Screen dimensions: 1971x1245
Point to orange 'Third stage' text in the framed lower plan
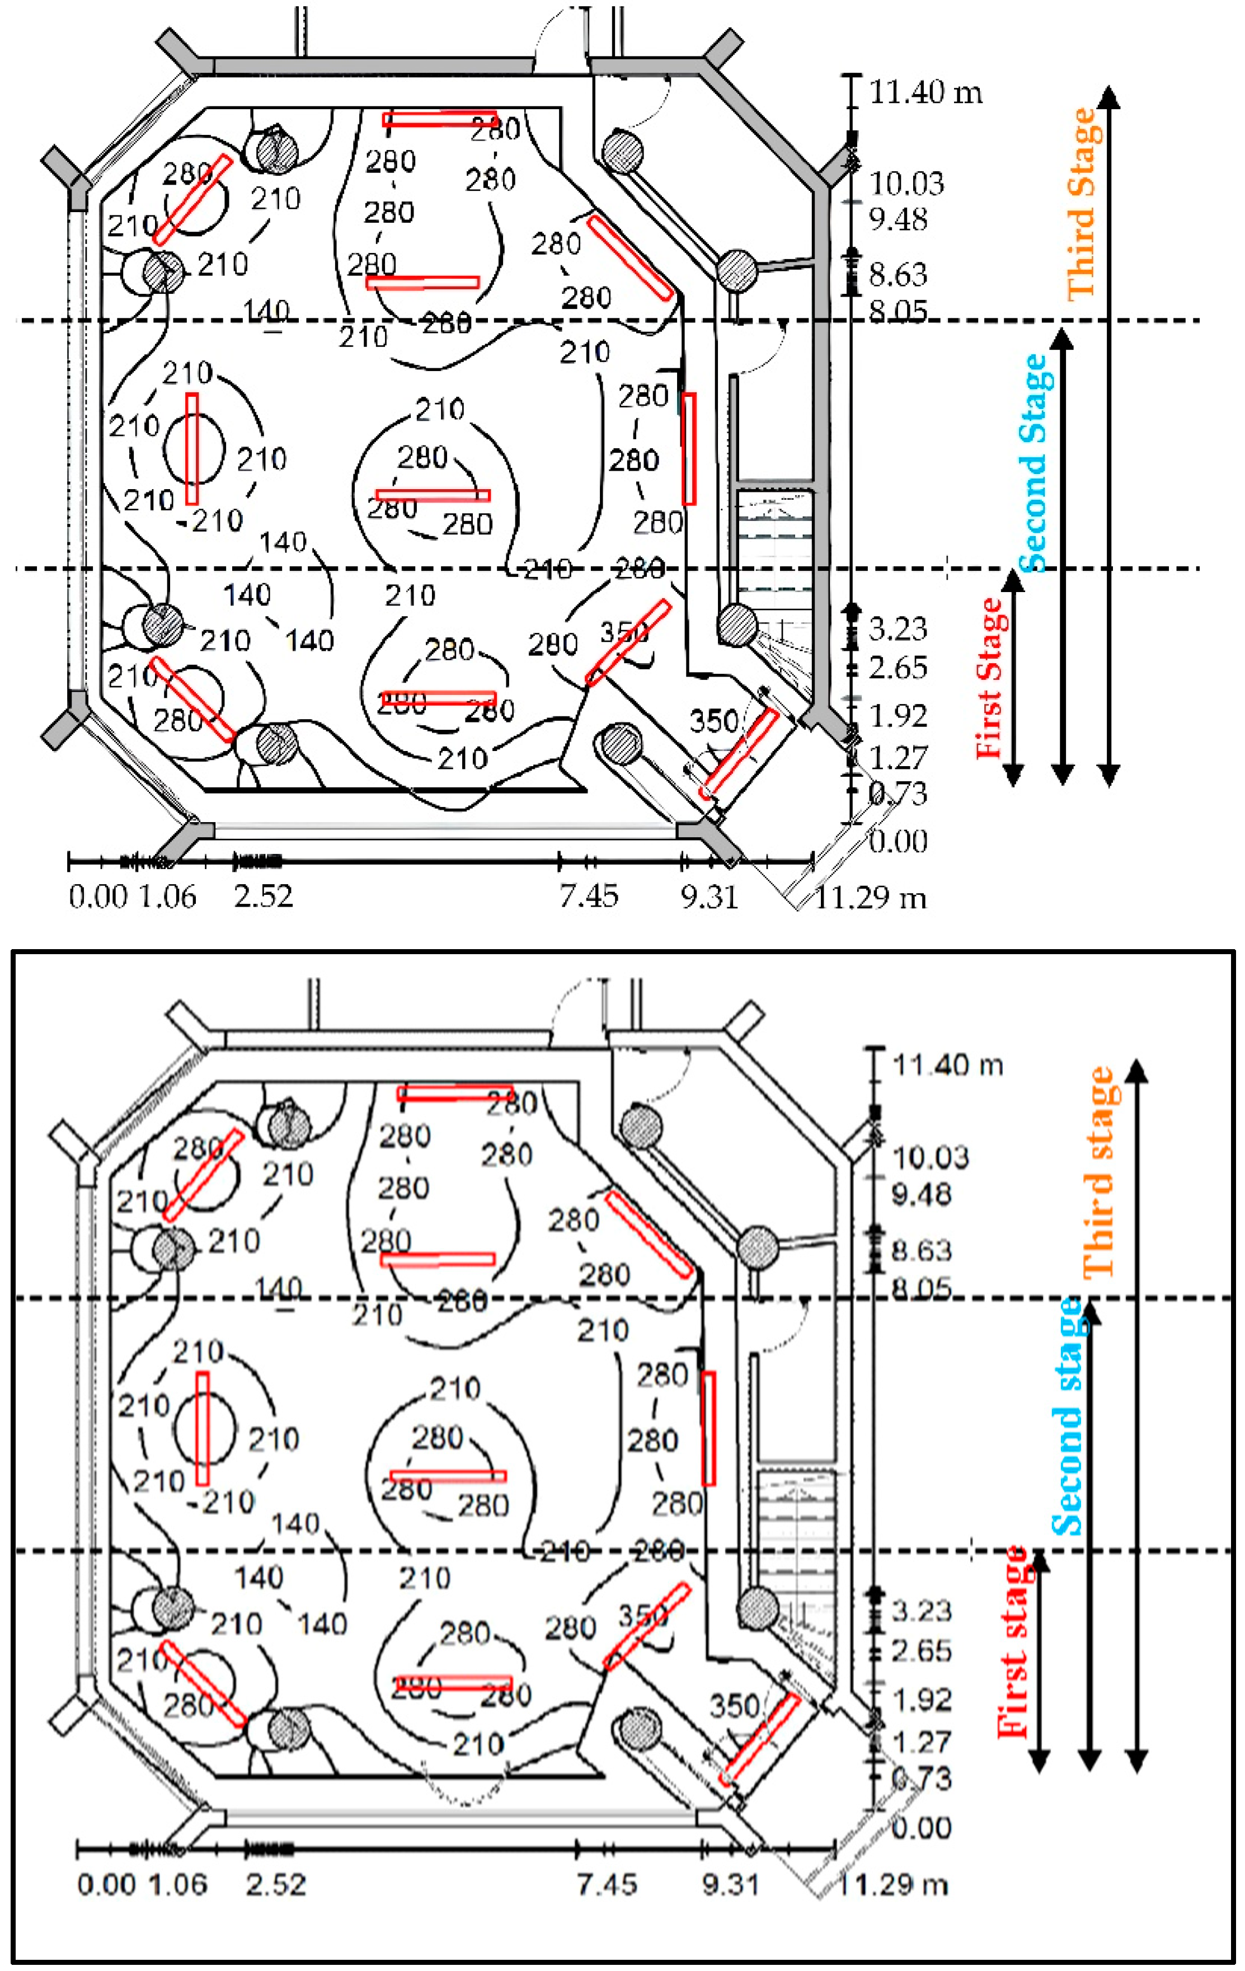1100,1172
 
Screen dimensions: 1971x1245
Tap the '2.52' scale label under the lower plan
275,1884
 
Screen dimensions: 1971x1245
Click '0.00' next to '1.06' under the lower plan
106,1884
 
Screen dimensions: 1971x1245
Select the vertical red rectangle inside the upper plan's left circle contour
191,449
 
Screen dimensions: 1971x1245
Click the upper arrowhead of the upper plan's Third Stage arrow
1108,94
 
